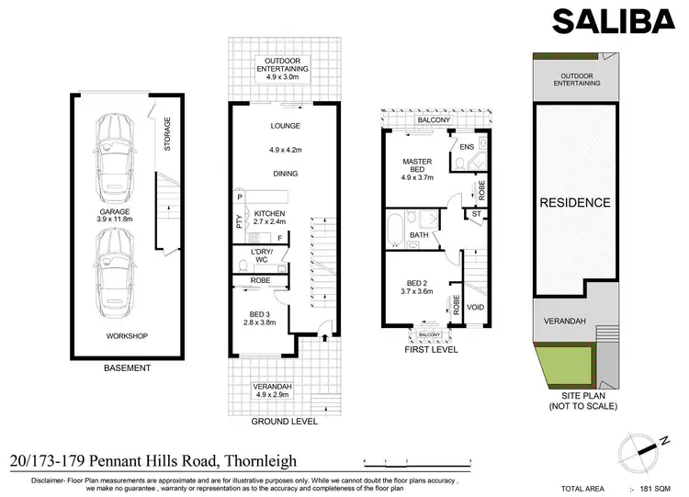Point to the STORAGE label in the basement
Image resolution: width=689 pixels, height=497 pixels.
pos(166,135)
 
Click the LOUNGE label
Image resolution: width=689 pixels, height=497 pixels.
pos(285,126)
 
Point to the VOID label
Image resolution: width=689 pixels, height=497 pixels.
pos(475,307)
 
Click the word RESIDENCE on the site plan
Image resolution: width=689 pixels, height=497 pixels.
pos(574,203)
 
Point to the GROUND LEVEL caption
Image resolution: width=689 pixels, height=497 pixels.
pos(284,422)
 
